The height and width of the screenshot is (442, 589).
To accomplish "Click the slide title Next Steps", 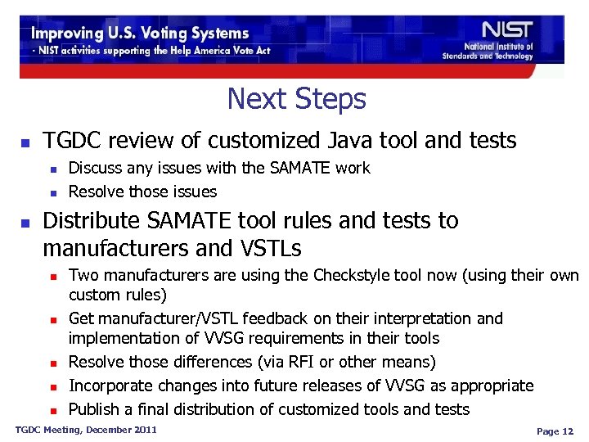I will click(296, 99).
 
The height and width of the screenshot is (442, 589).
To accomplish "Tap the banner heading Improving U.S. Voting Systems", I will click(140, 34).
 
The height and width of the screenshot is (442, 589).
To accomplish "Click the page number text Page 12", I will click(555, 431).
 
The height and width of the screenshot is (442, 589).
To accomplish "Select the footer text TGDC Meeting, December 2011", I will click(86, 430).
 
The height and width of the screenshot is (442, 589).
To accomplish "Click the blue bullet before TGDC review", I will click(25, 142).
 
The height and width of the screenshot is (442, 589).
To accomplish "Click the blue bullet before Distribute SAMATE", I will click(25, 223).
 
